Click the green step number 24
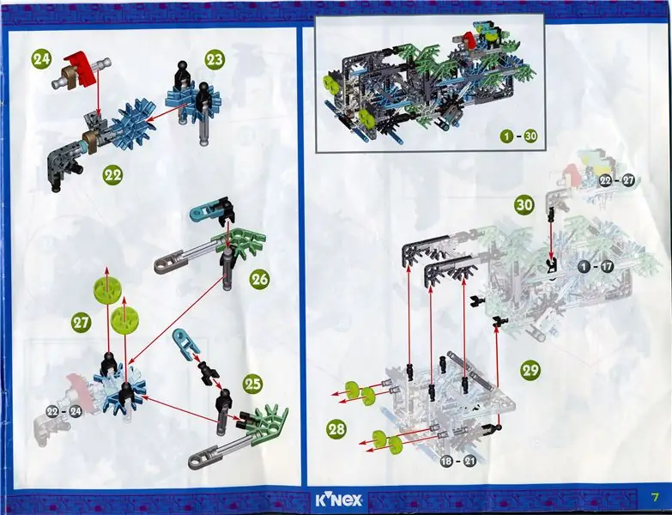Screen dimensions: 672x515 pyautogui.click(x=41, y=59)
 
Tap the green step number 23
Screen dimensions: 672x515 pyautogui.click(x=215, y=59)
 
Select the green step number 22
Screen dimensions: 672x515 pyautogui.click(x=112, y=175)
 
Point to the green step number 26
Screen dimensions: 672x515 pyautogui.click(x=260, y=279)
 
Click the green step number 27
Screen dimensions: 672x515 pyautogui.click(x=81, y=322)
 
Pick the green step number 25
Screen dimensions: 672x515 pyautogui.click(x=252, y=384)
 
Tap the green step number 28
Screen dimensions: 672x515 pyautogui.click(x=336, y=429)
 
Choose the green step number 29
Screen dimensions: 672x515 pyautogui.click(x=530, y=369)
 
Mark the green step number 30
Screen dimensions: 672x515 pyautogui.click(x=524, y=205)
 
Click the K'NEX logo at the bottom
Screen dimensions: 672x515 pyautogui.click(x=338, y=500)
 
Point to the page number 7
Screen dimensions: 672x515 pyautogui.click(x=655, y=498)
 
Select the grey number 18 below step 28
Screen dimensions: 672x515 pyautogui.click(x=446, y=462)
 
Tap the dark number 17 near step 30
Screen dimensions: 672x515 pyautogui.click(x=607, y=266)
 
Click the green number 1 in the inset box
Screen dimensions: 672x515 pyautogui.click(x=506, y=136)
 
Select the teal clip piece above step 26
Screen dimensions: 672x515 pyautogui.click(x=203, y=209)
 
